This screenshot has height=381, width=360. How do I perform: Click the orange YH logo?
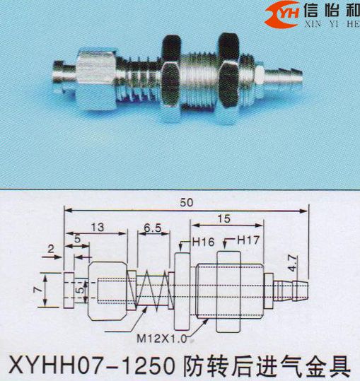(x=282, y=15)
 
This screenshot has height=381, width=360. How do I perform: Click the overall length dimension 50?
(x=187, y=202)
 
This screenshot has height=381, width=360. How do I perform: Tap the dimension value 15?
(x=224, y=218)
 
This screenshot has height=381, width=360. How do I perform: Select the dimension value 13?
(x=98, y=227)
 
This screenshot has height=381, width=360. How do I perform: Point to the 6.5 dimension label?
(x=153, y=228)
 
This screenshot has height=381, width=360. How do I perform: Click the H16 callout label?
(x=204, y=242)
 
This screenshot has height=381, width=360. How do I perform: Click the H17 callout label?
(x=248, y=240)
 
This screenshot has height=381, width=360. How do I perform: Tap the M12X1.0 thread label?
(x=162, y=339)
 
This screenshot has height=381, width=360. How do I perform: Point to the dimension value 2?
(x=50, y=249)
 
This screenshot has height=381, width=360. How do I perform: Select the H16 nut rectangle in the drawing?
(x=182, y=291)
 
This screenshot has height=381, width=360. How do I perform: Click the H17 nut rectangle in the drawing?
(x=228, y=291)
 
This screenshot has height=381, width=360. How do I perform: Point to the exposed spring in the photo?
(x=140, y=79)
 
